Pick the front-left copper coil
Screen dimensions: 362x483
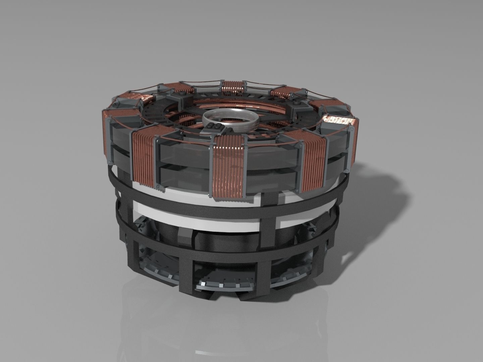point(144,160)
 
